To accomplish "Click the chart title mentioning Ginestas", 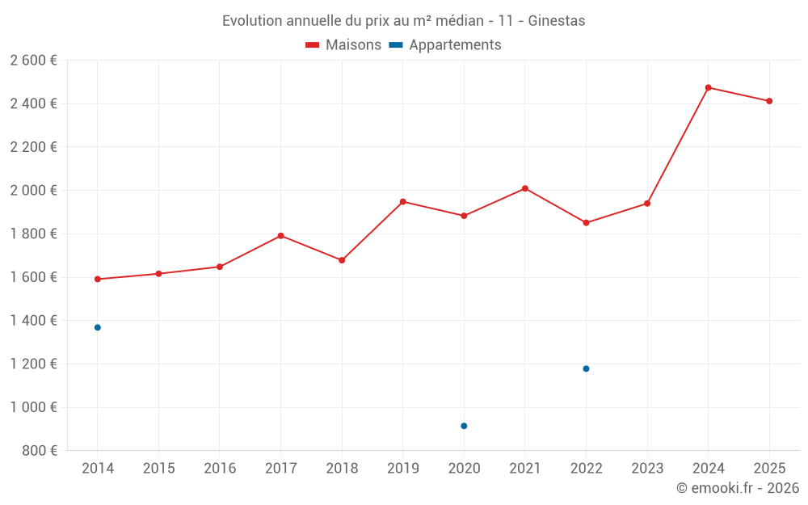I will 403,20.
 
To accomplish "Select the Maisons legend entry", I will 343,45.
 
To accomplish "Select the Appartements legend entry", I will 445,45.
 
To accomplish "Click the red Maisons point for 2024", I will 708,87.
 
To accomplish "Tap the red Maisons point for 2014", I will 98,279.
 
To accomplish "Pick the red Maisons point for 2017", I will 280,236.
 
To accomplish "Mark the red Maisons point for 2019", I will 402,201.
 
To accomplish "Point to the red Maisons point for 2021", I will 525,188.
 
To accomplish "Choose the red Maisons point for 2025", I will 769,101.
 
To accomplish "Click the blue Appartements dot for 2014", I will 98,327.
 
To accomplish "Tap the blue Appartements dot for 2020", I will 464,426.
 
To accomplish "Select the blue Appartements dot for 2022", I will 586,368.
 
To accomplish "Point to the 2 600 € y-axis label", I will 33,60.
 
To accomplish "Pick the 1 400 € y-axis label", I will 33,321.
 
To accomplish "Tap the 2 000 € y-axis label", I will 33,190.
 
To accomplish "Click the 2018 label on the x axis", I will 342,469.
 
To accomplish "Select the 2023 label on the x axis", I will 647,469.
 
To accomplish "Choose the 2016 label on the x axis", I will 220,469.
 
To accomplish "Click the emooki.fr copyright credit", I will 737,488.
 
